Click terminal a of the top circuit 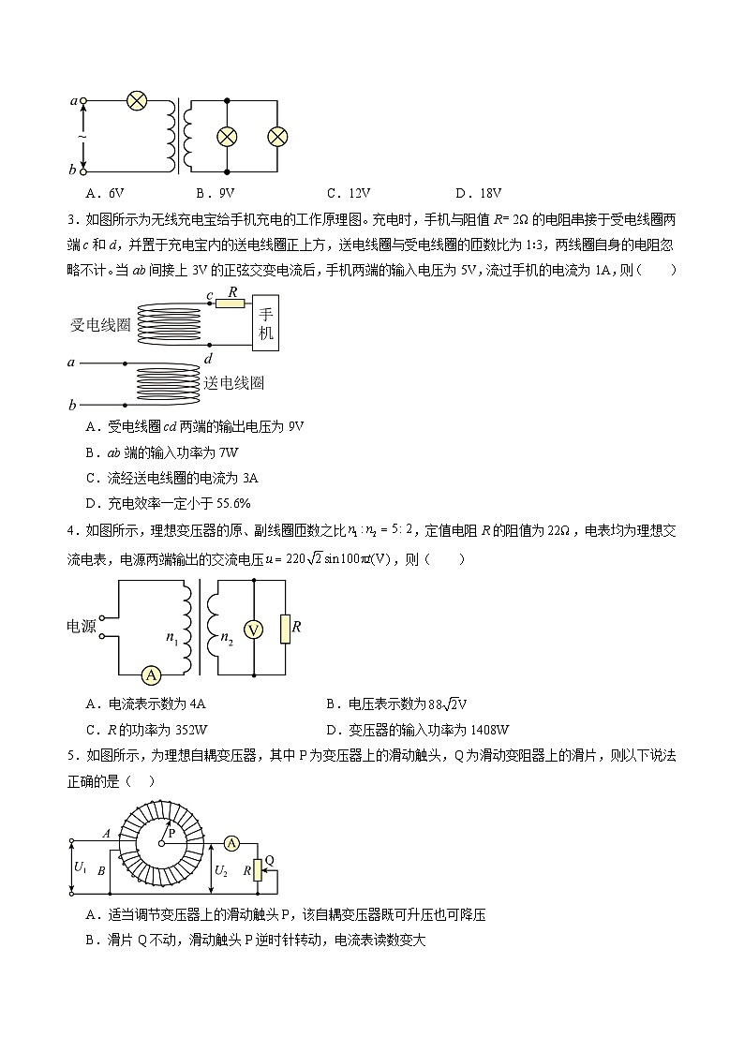click(x=82, y=100)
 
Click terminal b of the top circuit click(x=82, y=171)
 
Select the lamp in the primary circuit click(x=137, y=100)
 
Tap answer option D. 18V click(x=478, y=194)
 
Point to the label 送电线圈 click(x=233, y=383)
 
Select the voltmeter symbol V click(x=253, y=629)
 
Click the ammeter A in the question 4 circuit click(x=147, y=674)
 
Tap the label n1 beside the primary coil click(x=171, y=638)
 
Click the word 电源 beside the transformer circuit click(x=82, y=627)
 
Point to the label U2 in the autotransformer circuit click(x=221, y=870)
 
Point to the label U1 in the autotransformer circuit click(x=81, y=867)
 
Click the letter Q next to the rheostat click(x=269, y=859)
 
